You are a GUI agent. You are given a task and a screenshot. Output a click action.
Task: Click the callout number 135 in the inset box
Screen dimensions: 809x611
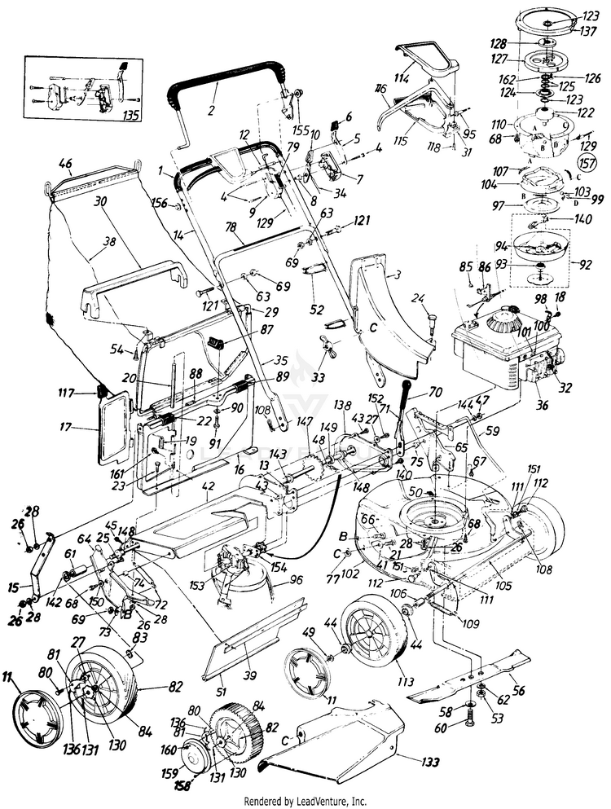(x=129, y=115)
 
